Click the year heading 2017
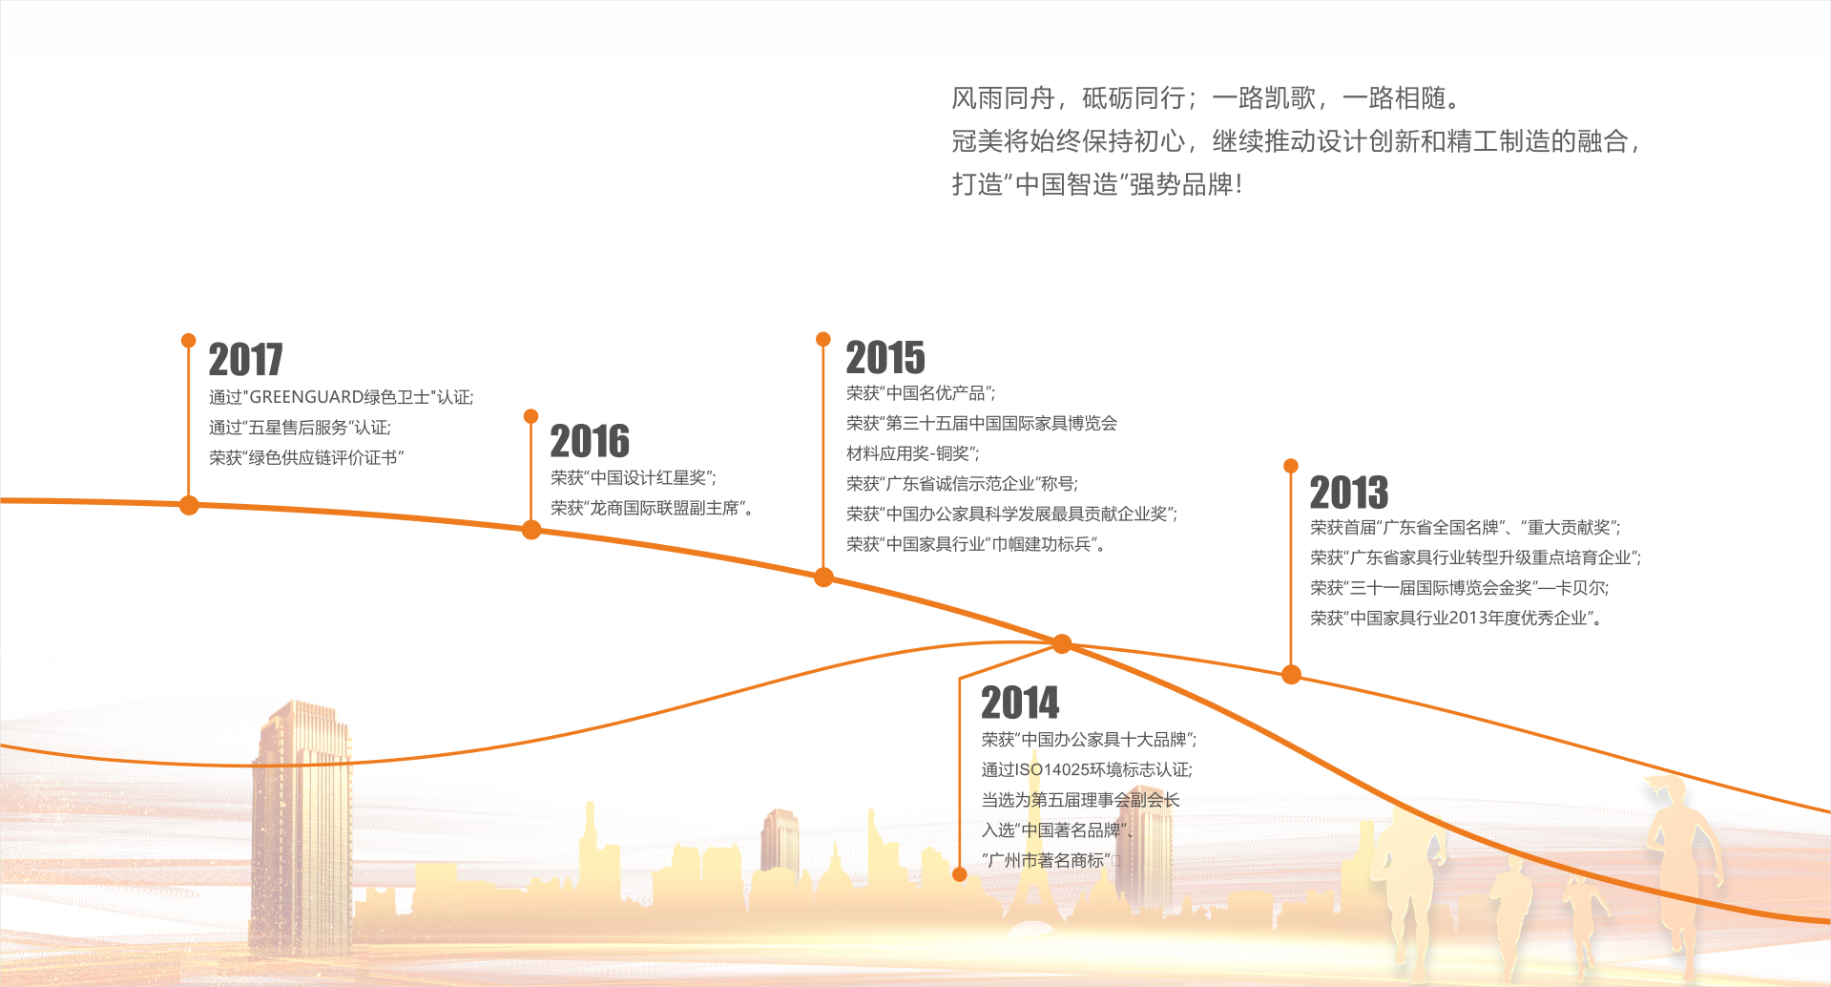(x=245, y=360)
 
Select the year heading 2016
(x=590, y=441)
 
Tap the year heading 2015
(x=885, y=357)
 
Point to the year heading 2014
(x=1020, y=703)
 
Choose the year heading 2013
(x=1348, y=493)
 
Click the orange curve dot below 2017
(x=189, y=505)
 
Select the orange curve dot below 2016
(x=531, y=530)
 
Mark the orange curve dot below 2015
(x=823, y=577)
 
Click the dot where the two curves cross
(x=1062, y=644)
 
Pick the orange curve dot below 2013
(x=1291, y=675)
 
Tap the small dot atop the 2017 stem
(x=189, y=341)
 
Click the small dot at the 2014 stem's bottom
(x=960, y=874)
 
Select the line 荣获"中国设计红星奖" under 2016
(x=634, y=478)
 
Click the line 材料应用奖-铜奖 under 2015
(x=913, y=453)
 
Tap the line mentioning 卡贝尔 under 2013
(x=1460, y=588)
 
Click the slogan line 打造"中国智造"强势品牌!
(x=1097, y=184)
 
